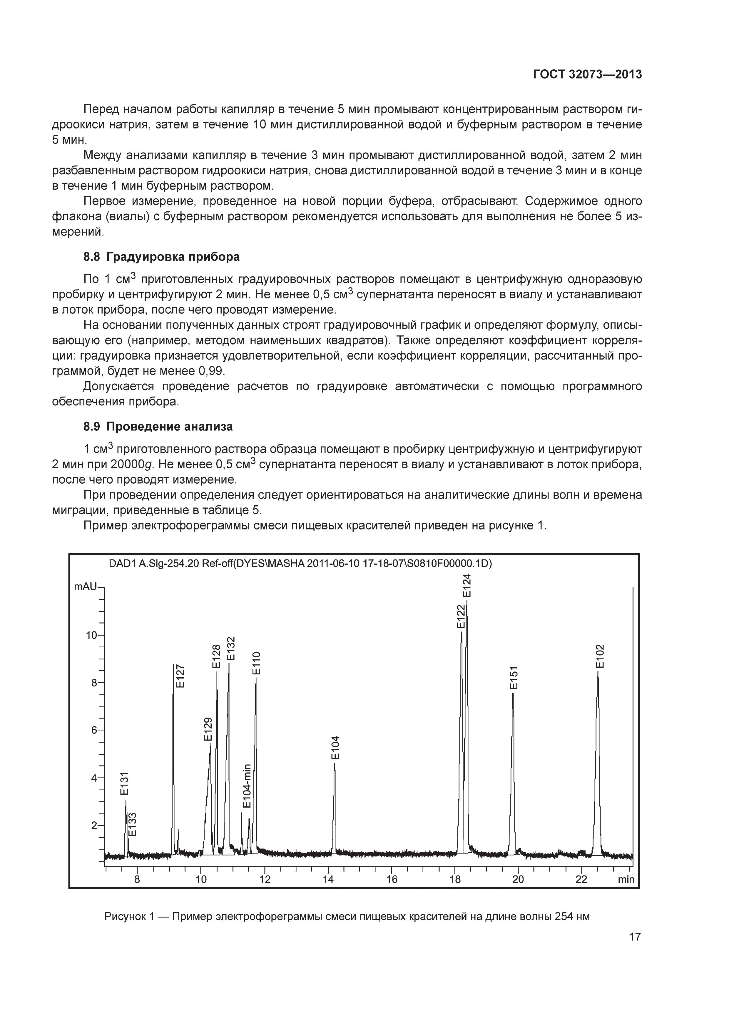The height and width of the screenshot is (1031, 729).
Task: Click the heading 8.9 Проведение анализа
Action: [x=158, y=426]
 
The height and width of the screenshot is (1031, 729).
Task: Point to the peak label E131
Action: [x=124, y=783]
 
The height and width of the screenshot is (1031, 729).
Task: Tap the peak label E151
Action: [x=514, y=678]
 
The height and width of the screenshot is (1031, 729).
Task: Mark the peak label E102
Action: [x=600, y=656]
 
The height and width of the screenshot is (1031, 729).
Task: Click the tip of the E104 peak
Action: [x=335, y=763]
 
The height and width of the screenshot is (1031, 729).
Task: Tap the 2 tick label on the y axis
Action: [x=94, y=825]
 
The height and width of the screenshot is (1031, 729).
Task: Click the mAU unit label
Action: [x=85, y=586]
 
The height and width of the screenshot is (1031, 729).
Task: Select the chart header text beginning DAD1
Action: [x=300, y=564]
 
